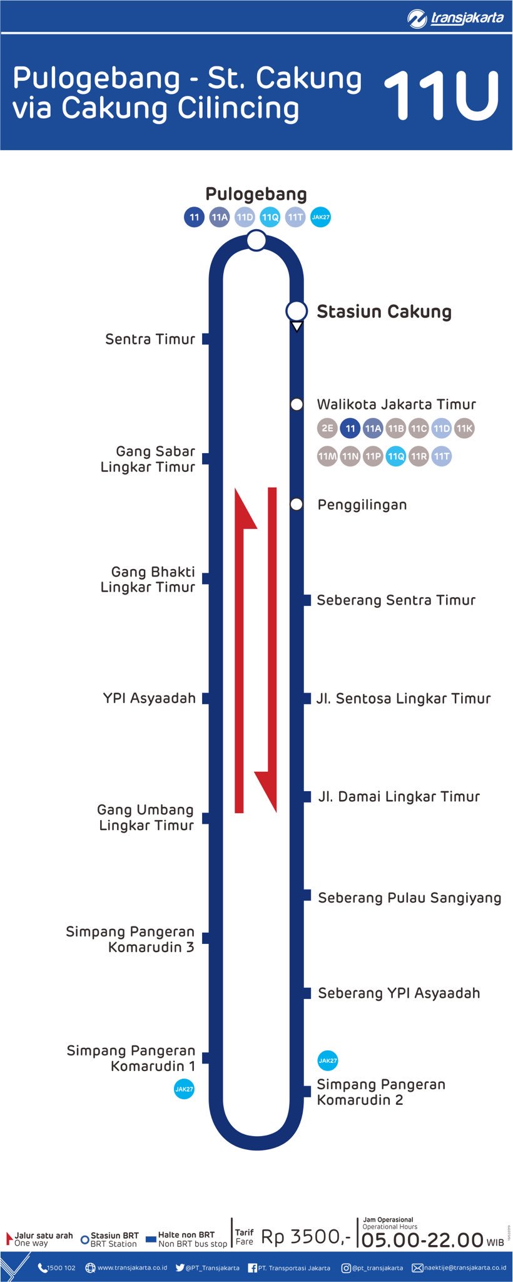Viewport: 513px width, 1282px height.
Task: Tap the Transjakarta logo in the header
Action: click(x=455, y=18)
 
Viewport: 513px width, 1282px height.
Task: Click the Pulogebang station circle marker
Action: click(x=256, y=240)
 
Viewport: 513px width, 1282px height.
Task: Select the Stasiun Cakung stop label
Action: click(x=383, y=312)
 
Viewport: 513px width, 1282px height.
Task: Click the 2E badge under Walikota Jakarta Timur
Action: click(x=327, y=428)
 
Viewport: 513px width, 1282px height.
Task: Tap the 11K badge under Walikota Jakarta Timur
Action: click(x=464, y=428)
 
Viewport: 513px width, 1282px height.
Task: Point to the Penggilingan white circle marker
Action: click(x=297, y=505)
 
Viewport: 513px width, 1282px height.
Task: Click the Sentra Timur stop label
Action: click(x=150, y=339)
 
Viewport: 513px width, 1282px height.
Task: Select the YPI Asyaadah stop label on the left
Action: click(x=150, y=698)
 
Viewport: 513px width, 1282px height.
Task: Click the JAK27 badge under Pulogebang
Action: click(x=320, y=217)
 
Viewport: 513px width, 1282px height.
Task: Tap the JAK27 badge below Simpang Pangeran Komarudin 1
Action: click(x=184, y=1089)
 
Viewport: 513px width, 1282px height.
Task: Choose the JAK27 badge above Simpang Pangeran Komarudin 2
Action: click(x=328, y=1060)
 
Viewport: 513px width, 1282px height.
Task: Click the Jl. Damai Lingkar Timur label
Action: click(x=399, y=796)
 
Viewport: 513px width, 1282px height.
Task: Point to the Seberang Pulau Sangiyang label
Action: click(x=409, y=898)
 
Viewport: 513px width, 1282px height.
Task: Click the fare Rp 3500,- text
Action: click(x=306, y=1236)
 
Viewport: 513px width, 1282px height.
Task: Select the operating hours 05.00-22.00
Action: click(x=423, y=1239)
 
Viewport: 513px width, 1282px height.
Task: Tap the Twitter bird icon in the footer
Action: click(x=180, y=1268)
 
